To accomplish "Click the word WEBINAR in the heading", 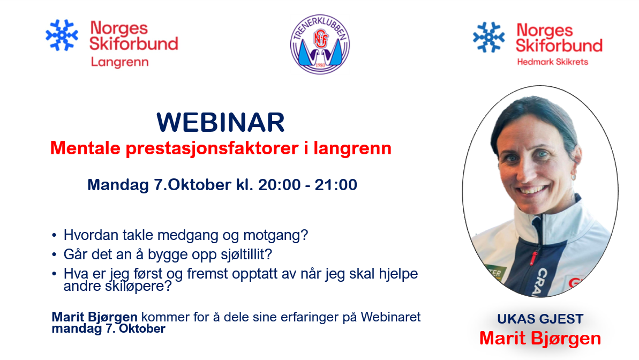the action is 221,122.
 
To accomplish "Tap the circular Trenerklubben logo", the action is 320,44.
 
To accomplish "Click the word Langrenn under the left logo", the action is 119,62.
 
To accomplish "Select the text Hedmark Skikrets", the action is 553,62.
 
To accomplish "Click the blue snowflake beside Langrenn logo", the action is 62,35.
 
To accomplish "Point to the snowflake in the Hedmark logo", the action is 488,37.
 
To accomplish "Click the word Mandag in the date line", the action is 118,185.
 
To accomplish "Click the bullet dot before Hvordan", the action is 54,235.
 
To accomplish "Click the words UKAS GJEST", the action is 540,319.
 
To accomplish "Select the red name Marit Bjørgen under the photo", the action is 540,339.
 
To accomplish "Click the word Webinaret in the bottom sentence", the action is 390,317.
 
